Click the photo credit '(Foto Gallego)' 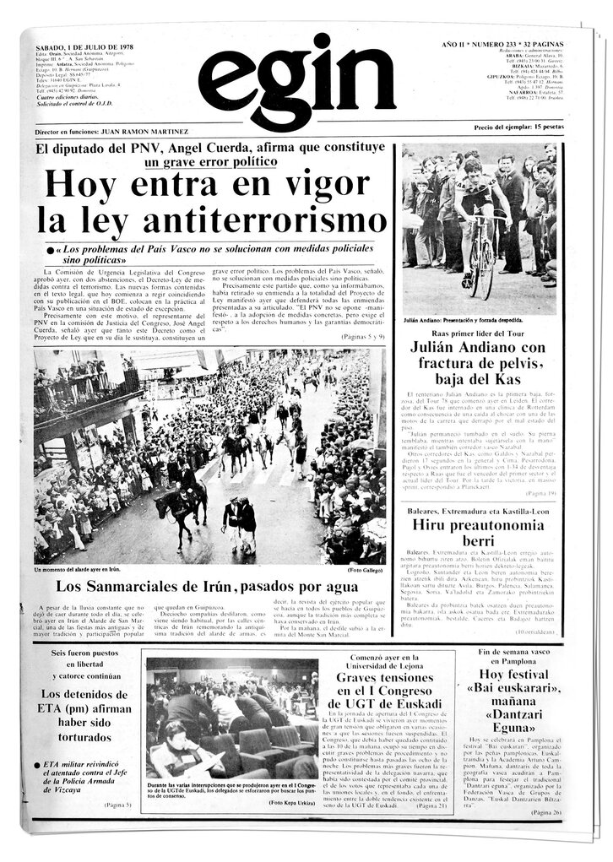pos(365,569)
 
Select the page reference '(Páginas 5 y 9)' pos(363,337)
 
